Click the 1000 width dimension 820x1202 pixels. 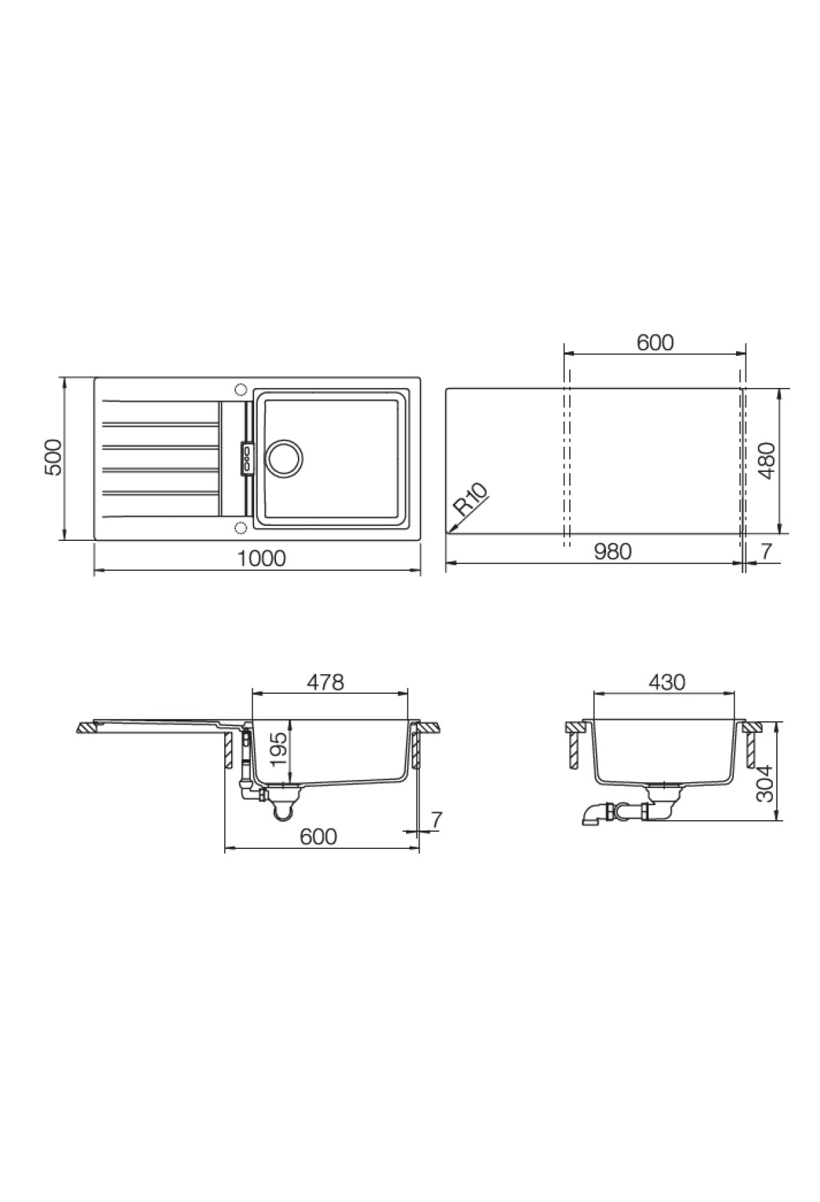pos(262,558)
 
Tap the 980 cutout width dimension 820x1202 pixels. pos(612,551)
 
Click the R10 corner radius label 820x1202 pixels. pos(471,499)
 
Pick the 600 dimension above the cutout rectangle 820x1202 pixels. pos(655,342)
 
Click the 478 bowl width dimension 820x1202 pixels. pos(325,682)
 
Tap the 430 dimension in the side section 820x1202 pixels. pos(666,682)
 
